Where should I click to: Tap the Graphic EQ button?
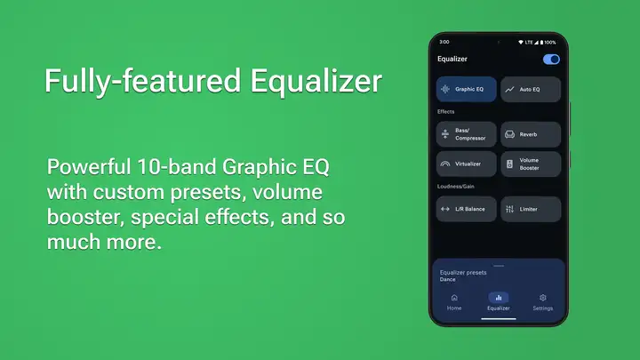click(x=466, y=89)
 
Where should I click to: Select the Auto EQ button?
click(x=531, y=89)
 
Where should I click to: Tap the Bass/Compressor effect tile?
click(x=466, y=134)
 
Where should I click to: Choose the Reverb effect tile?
click(x=531, y=134)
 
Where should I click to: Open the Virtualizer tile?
click(x=466, y=164)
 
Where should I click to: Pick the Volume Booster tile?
click(x=531, y=164)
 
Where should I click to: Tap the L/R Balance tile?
click(x=466, y=209)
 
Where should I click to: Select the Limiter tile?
click(x=531, y=209)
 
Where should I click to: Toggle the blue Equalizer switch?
click(x=551, y=60)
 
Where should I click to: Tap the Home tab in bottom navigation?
click(x=454, y=302)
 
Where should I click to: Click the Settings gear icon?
click(x=543, y=298)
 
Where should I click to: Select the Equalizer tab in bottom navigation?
click(x=499, y=302)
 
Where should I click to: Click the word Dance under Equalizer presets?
click(x=448, y=280)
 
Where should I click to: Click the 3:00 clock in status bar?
click(x=444, y=42)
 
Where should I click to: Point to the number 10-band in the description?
click(x=176, y=166)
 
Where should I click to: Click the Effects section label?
click(x=445, y=111)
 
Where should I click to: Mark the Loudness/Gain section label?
click(x=455, y=187)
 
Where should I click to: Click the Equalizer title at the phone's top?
click(x=452, y=59)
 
